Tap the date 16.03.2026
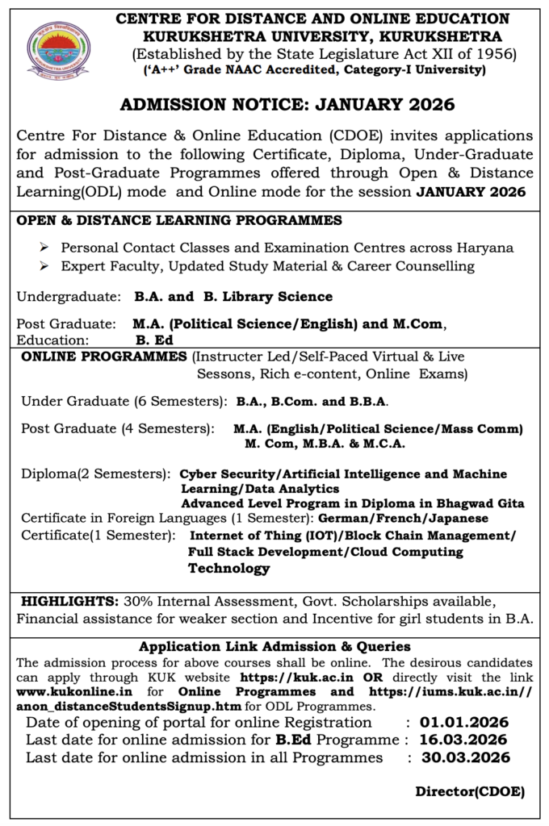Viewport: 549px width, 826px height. pyautogui.click(x=463, y=740)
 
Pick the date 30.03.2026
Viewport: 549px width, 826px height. pyautogui.click(x=465, y=757)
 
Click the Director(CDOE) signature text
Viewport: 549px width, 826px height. pyautogui.click(x=470, y=791)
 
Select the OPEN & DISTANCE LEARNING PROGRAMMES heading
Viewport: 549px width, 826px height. pyautogui.click(x=179, y=220)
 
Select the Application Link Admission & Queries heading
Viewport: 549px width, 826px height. pyautogui.click(x=274, y=646)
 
